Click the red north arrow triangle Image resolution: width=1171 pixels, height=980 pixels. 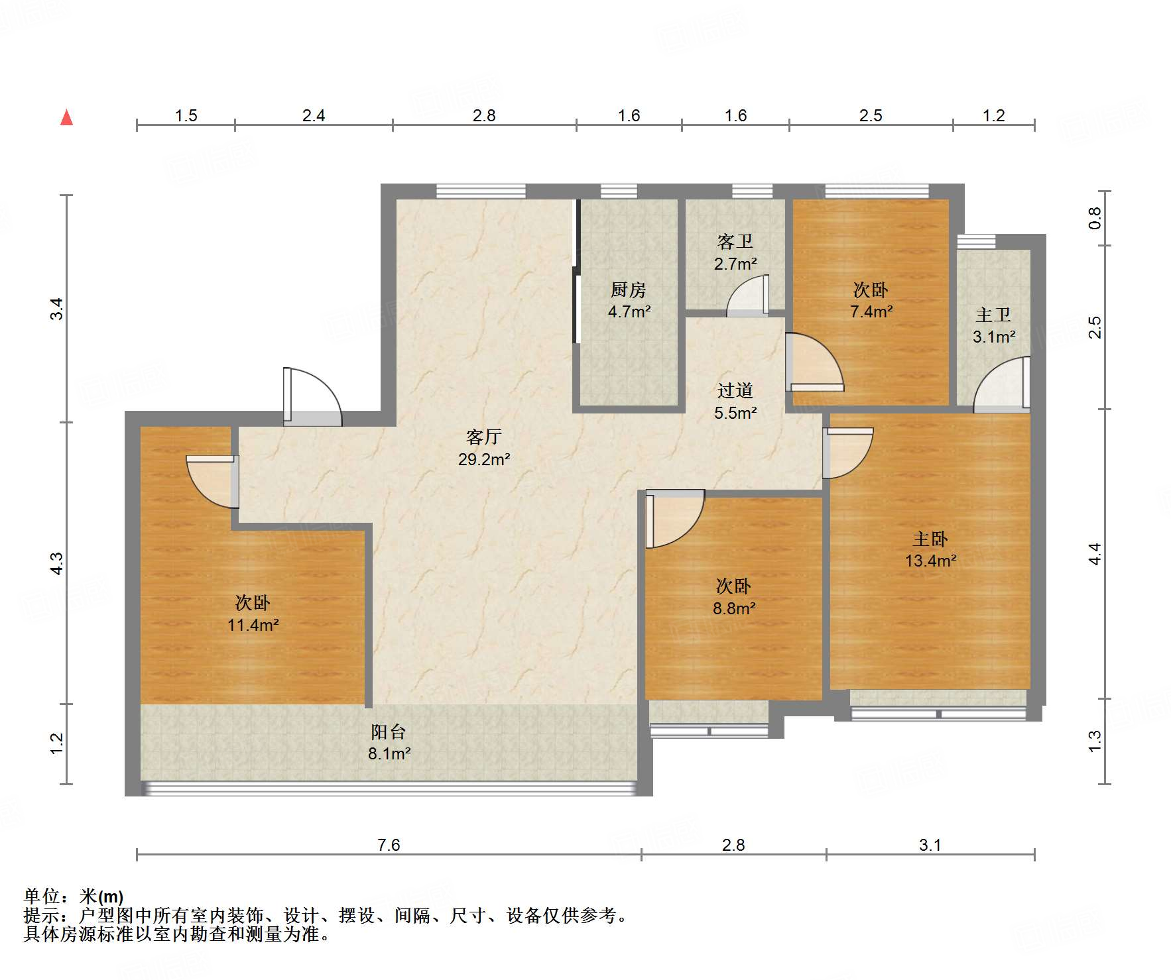click(x=66, y=117)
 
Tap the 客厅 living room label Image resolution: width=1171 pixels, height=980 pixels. click(x=483, y=437)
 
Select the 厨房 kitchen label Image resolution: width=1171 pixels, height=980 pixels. click(x=628, y=290)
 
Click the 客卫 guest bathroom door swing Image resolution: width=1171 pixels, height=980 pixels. click(x=748, y=296)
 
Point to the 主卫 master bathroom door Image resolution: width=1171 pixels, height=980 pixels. click(x=1002, y=384)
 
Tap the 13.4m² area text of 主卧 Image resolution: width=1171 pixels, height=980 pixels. click(x=930, y=561)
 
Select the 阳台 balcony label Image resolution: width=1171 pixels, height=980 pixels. click(x=388, y=732)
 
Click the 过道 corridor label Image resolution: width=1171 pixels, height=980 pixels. click(x=735, y=391)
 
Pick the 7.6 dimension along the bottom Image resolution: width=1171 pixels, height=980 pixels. click(x=389, y=845)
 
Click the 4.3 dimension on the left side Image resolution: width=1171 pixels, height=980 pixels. click(x=57, y=563)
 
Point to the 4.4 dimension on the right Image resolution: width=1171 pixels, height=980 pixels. click(x=1095, y=554)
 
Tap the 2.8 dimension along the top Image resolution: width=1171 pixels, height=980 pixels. click(x=484, y=116)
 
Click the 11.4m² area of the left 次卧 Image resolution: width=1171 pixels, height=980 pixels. click(x=253, y=625)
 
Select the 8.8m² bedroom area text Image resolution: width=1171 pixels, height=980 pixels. click(x=734, y=608)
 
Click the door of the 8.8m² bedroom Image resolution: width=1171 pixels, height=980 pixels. click(x=674, y=519)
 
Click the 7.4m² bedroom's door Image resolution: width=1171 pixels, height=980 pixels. click(x=815, y=362)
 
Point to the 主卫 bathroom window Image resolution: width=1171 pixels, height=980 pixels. click(x=976, y=241)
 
